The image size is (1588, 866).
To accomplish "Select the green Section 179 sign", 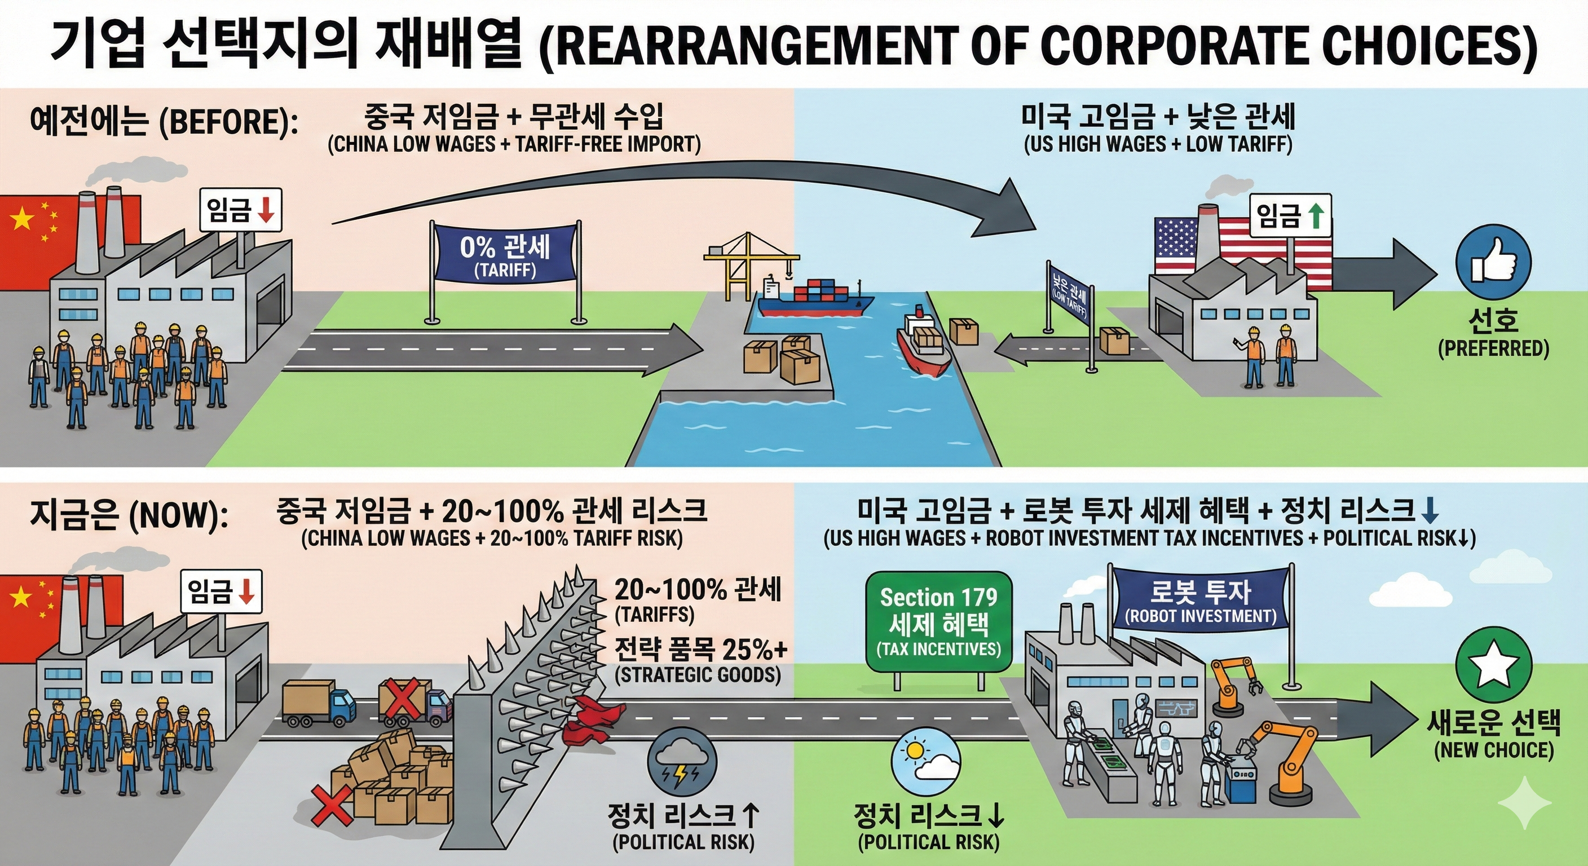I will click(938, 622).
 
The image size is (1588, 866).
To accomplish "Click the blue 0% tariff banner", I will click(505, 255).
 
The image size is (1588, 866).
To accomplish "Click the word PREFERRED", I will click(1493, 349).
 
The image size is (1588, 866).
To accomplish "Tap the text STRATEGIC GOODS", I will click(697, 674).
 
